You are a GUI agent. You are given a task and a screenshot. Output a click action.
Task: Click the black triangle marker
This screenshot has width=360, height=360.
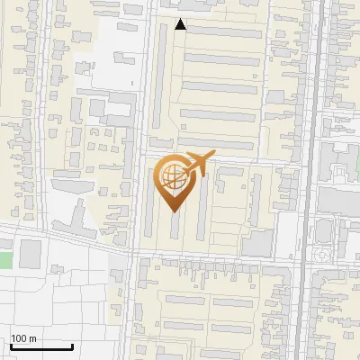pyautogui.click(x=181, y=25)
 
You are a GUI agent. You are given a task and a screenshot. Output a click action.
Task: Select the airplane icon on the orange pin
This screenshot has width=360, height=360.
pyautogui.click(x=195, y=165)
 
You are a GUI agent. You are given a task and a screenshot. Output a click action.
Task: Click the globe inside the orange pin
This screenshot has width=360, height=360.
pyautogui.click(x=172, y=176)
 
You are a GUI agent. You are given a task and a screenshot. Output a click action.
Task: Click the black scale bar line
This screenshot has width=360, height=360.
pyautogui.click(x=40, y=346)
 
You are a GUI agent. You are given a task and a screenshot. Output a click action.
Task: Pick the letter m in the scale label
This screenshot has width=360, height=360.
pyautogui.click(x=33, y=339)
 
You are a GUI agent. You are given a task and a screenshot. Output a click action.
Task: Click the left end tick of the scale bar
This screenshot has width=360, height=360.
pyautogui.click(x=10, y=345)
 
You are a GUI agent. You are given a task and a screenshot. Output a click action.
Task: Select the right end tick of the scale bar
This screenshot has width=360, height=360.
pyautogui.click(x=72, y=345)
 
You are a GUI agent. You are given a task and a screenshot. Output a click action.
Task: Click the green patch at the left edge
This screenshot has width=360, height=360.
pyautogui.click(x=4, y=260)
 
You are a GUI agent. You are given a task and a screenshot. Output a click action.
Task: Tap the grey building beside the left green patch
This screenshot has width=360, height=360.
pyautogui.click(x=31, y=253)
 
